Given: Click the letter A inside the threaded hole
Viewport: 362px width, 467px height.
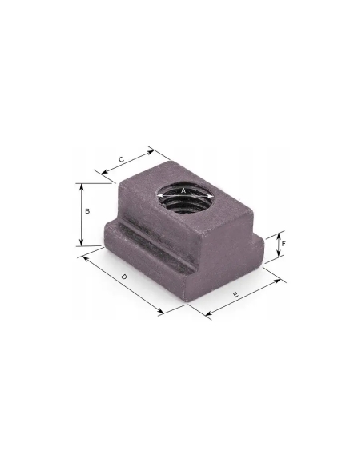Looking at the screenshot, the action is pos(183,190).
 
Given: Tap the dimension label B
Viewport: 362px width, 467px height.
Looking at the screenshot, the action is pos(87,211).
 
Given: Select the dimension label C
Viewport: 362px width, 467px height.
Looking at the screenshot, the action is pos(121,159).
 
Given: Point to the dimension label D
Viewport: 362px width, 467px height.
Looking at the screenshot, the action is pos(124,277).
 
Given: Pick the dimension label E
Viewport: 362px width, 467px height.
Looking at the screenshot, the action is pos(235,294).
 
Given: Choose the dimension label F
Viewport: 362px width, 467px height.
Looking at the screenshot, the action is pos(284,244).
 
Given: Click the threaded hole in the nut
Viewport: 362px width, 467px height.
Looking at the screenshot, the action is pos(186,198).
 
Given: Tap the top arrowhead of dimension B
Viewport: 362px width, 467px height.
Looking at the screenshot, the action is pos(81,187).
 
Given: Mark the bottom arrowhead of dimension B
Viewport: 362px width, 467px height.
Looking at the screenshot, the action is pos(81,243).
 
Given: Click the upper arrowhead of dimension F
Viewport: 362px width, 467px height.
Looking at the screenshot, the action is pos(279,236).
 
